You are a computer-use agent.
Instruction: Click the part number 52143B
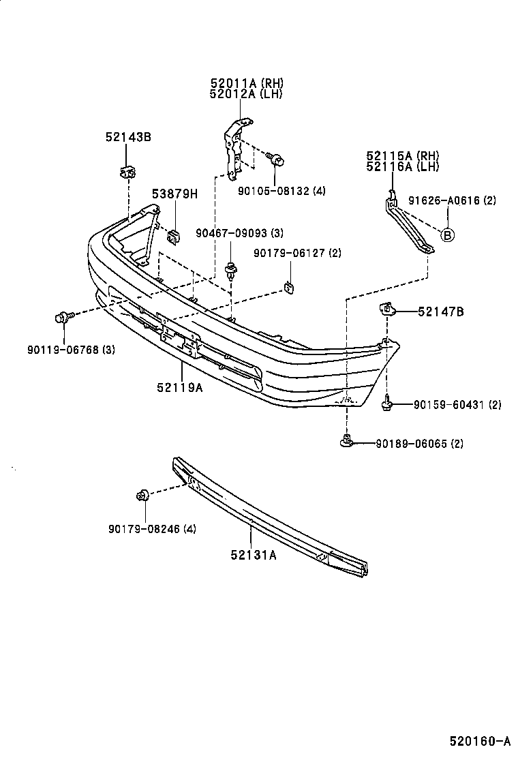[128, 137]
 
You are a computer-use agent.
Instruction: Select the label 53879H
[174, 194]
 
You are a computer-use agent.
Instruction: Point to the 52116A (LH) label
[402, 166]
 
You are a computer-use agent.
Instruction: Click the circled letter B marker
[448, 236]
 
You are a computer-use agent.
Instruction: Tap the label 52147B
[441, 312]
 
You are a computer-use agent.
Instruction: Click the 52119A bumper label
[179, 388]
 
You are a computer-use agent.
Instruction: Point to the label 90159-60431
[448, 405]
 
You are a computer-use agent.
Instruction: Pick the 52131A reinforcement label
[253, 554]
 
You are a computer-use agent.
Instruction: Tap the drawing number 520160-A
[479, 740]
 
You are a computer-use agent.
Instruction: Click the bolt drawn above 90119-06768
[63, 317]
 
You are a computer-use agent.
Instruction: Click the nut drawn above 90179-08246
[144, 496]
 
